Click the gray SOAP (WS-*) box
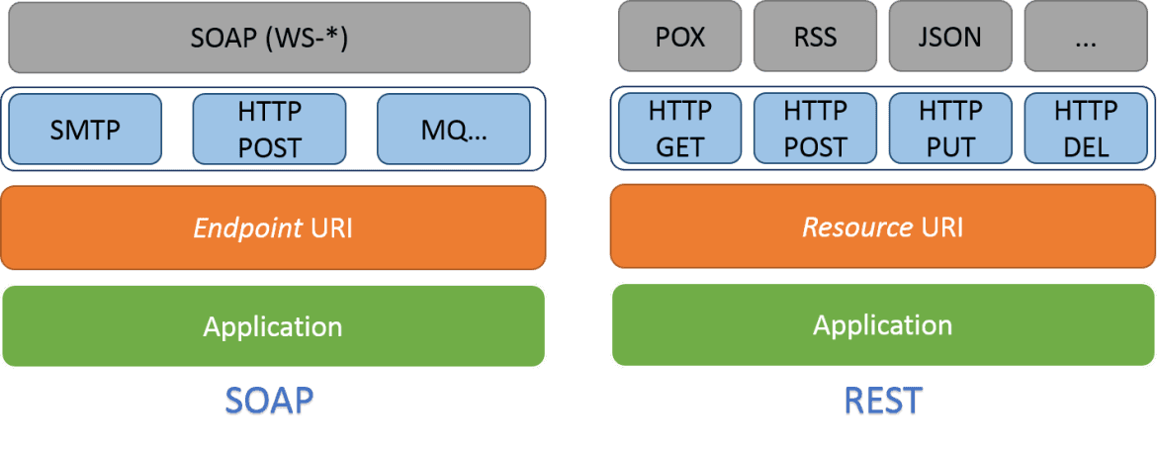(269, 38)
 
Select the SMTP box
(84, 130)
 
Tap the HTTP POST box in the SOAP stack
(269, 130)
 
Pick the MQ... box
(454, 130)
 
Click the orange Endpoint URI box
(273, 227)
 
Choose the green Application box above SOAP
(273, 325)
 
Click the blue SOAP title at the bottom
(269, 401)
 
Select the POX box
(680, 37)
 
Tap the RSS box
(815, 37)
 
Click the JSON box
(949, 37)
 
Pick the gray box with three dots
(1085, 37)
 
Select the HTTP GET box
(680, 130)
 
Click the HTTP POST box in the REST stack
(815, 130)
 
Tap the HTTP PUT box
(950, 130)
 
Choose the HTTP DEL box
(1085, 130)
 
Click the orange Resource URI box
(882, 226)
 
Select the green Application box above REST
(882, 324)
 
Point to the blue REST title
(883, 401)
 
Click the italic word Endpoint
(247, 228)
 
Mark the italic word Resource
(856, 227)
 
